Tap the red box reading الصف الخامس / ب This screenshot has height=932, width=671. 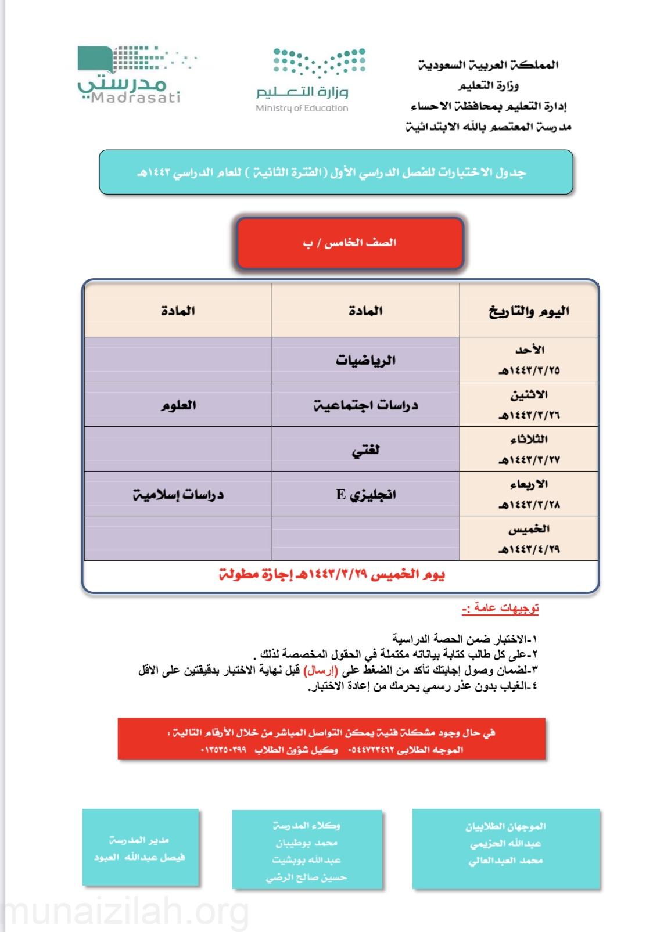tap(350, 243)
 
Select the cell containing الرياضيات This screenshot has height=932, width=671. tap(365, 360)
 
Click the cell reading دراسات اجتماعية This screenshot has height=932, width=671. tap(365, 405)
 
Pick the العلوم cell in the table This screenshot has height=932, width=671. tap(178, 405)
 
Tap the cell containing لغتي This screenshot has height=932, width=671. tap(365, 450)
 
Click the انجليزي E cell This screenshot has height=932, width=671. tap(365, 495)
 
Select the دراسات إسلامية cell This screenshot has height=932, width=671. tap(178, 495)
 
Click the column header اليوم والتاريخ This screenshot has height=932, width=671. tap(529, 311)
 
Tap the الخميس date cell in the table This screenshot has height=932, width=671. tap(529, 539)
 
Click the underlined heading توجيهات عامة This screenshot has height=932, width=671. tap(500, 608)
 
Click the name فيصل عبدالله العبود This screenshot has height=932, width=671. tap(139, 857)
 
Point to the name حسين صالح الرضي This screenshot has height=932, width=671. tap(307, 877)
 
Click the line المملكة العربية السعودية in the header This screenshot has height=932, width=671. tap(488, 65)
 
